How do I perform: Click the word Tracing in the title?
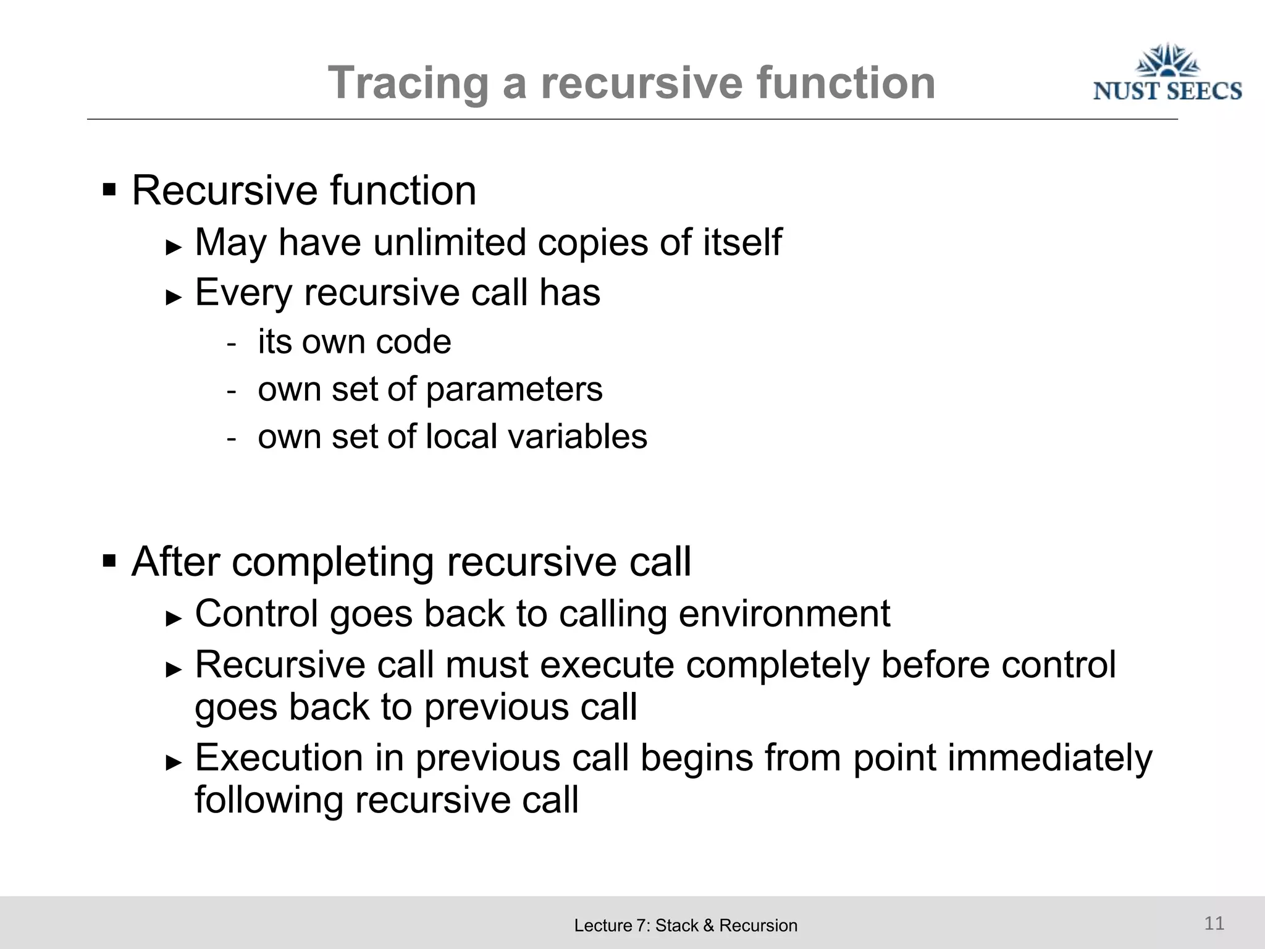pyautogui.click(x=408, y=83)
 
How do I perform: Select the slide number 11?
pyautogui.click(x=1214, y=923)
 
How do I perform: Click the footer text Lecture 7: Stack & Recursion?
pyautogui.click(x=686, y=926)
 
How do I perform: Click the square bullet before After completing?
pyautogui.click(x=109, y=561)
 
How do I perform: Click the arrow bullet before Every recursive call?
pyautogui.click(x=174, y=298)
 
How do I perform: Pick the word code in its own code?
pyautogui.click(x=413, y=342)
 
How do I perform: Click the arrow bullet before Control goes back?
pyautogui.click(x=174, y=618)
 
